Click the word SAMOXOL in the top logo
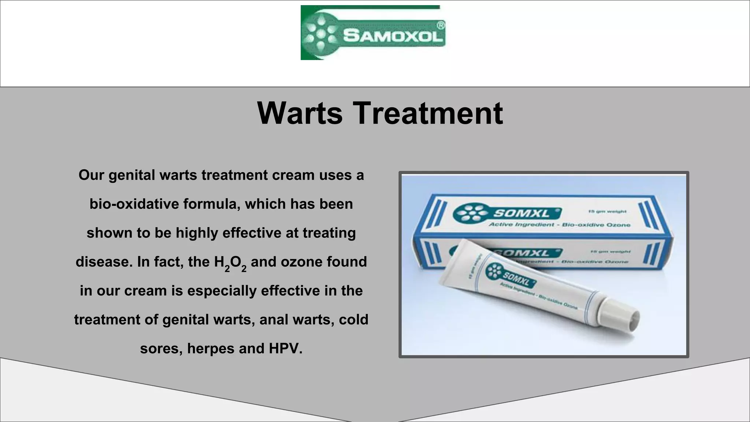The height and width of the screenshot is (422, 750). click(393, 36)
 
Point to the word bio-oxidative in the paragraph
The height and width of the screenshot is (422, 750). click(134, 204)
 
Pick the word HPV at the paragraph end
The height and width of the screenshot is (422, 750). click(286, 348)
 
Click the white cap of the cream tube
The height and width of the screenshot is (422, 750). click(623, 315)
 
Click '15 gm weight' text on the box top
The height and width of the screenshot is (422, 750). click(607, 211)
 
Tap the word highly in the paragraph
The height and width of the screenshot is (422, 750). click(197, 233)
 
